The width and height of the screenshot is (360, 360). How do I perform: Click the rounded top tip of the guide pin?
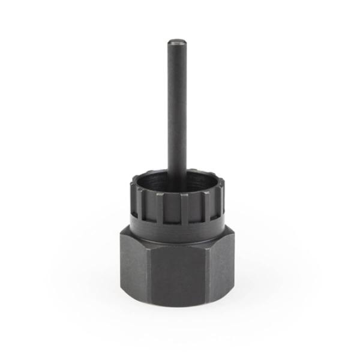point(176,41)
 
